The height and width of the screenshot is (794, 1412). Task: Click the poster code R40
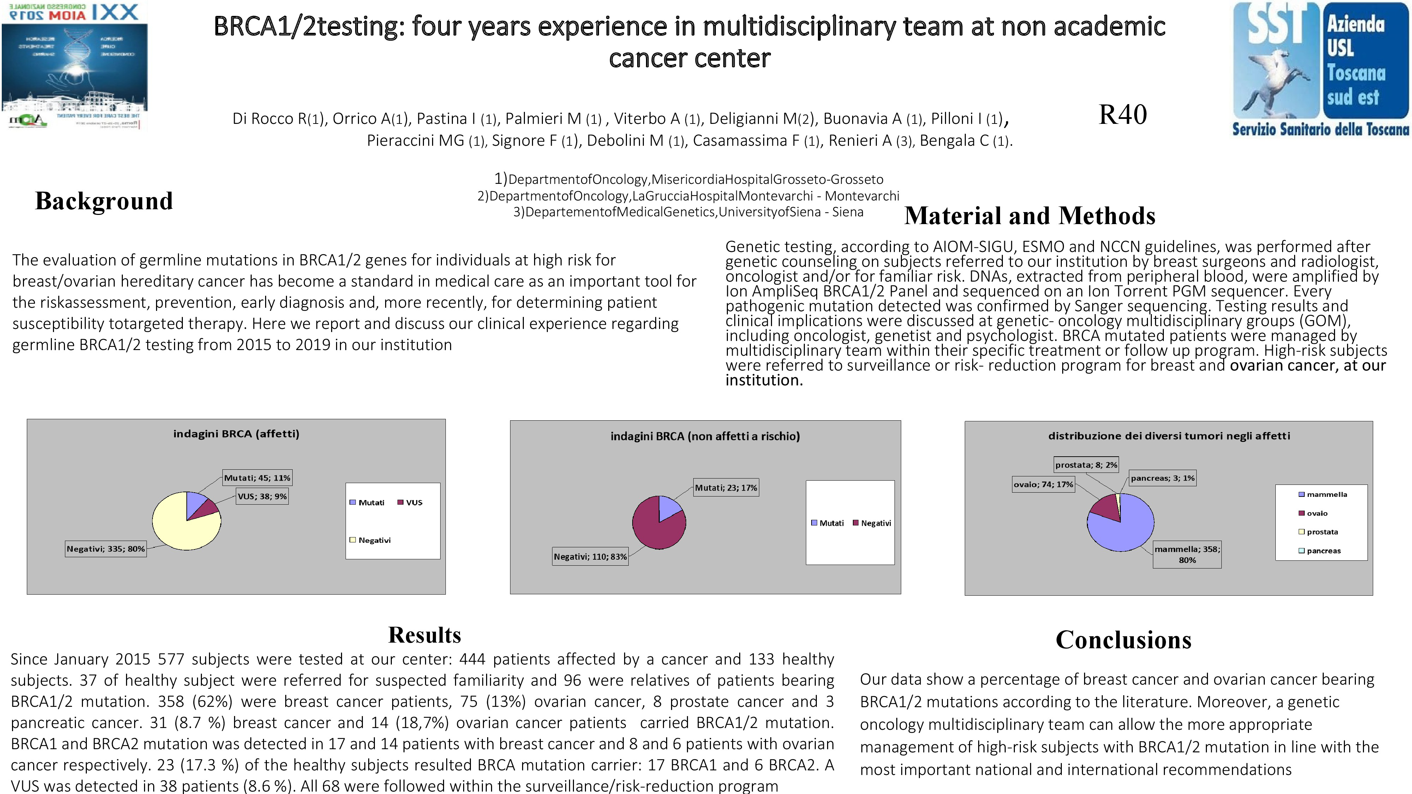[x=1123, y=115]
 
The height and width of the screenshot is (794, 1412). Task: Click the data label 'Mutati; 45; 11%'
[x=257, y=478]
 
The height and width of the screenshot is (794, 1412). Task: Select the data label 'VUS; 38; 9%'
[x=262, y=497]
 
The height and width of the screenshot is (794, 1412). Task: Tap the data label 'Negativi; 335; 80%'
[x=106, y=548]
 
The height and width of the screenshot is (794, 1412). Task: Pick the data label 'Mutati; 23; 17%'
[x=726, y=488]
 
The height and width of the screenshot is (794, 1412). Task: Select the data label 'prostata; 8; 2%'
[x=1086, y=465]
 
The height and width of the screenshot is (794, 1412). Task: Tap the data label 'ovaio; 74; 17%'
[x=1043, y=485]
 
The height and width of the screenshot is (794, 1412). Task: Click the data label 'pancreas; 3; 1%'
[x=1162, y=478]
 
